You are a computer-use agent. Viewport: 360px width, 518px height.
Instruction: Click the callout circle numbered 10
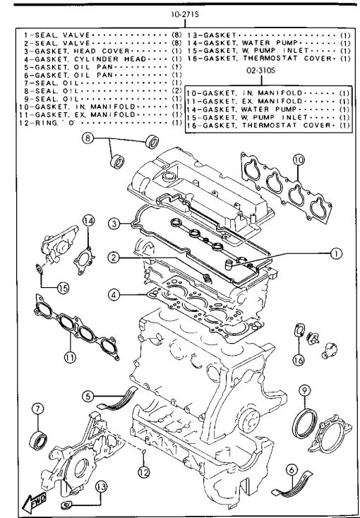(x=298, y=160)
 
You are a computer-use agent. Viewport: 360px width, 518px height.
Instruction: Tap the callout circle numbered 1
(x=336, y=254)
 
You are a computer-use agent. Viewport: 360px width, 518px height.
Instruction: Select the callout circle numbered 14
(x=88, y=221)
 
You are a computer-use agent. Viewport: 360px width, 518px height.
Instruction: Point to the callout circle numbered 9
(x=304, y=390)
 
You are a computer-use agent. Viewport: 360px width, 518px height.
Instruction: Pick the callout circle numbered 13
(x=101, y=486)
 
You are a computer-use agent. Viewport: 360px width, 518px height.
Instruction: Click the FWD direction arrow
(x=34, y=502)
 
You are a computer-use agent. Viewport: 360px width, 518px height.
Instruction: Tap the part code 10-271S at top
(x=185, y=15)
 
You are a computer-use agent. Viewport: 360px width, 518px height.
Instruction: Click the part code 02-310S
(x=261, y=71)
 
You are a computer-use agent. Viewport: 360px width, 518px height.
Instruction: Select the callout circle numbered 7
(x=37, y=409)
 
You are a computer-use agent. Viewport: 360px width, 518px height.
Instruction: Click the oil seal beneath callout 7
(x=37, y=440)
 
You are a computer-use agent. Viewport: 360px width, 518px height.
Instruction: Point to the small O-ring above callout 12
(x=144, y=451)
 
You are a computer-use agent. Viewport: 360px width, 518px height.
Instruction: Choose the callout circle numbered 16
(x=299, y=360)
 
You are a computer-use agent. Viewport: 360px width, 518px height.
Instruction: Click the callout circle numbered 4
(x=114, y=295)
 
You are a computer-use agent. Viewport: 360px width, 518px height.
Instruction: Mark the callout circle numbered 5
(x=88, y=397)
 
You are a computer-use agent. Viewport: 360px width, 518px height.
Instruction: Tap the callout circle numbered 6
(x=292, y=470)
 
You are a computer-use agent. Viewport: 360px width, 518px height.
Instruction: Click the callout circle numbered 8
(x=88, y=138)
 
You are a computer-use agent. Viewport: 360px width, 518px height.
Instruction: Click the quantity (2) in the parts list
(x=177, y=90)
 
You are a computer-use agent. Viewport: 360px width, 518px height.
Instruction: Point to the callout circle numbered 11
(x=70, y=357)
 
